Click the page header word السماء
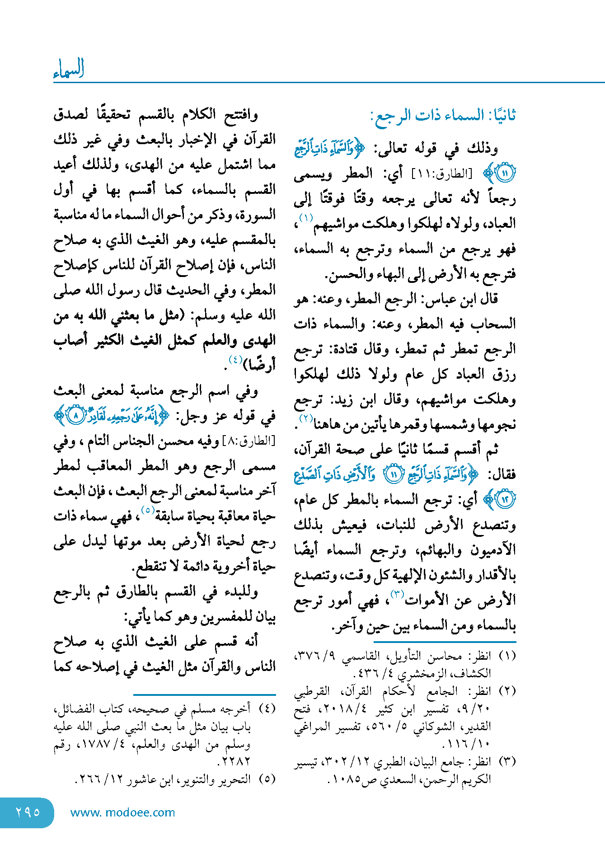69,69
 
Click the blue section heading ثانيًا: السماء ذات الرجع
443,116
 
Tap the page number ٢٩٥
28,812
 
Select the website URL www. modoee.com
122,812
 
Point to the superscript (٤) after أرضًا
235,360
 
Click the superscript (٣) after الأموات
397,594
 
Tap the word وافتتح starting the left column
241,115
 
